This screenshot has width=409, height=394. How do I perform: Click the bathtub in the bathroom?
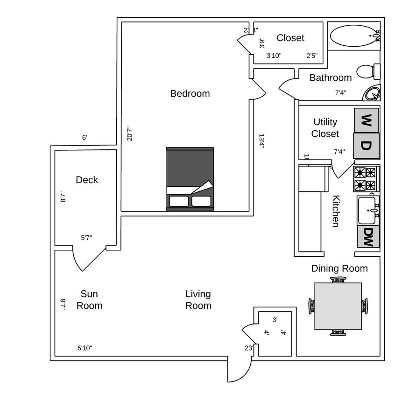[353, 35]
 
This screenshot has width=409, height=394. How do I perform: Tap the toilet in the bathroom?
[368, 71]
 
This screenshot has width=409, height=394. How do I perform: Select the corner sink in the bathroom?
[373, 94]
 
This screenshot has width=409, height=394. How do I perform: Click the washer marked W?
[367, 120]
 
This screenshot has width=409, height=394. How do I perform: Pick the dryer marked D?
[367, 146]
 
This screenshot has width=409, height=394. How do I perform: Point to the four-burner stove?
[366, 178]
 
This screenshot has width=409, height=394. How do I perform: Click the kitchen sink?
[368, 211]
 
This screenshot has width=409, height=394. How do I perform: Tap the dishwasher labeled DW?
[368, 237]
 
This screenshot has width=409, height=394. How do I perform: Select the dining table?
[338, 306]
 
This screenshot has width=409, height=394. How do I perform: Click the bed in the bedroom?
[190, 179]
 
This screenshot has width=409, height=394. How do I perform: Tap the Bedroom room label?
[190, 93]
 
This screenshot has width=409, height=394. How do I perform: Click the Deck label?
[87, 180]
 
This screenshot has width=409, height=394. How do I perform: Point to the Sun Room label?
[89, 300]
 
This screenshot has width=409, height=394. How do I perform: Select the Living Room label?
[198, 300]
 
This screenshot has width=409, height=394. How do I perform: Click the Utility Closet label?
[325, 128]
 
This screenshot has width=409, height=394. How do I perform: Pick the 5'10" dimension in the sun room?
[85, 348]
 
